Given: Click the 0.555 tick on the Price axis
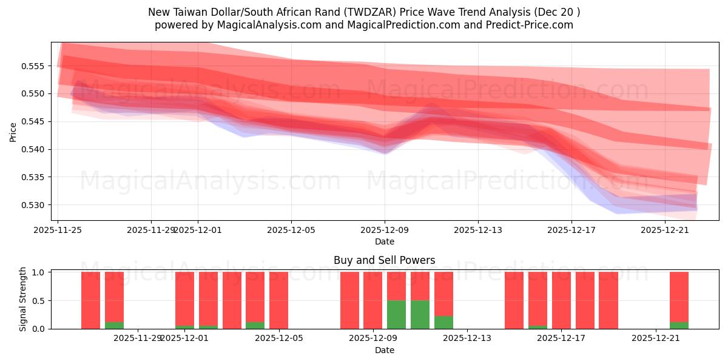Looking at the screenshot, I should [35, 66].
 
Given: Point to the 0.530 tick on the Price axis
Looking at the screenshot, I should [35, 205].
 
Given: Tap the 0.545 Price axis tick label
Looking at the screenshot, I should [35, 121].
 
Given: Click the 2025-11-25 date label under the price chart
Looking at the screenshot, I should [58, 230].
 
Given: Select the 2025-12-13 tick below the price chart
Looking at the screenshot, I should [478, 230].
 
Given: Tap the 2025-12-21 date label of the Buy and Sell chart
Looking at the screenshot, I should [656, 339].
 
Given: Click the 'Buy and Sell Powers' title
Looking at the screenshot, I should [384, 260].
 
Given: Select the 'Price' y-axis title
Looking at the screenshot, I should [13, 131].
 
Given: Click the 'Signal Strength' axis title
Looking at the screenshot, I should [23, 299].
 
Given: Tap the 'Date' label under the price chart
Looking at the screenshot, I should [384, 241].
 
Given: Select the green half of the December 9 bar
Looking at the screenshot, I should [396, 314].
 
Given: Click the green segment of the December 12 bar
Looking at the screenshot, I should [443, 322].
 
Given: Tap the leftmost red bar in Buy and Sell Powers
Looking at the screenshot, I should [90, 300].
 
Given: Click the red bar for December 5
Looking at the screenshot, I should [278, 300].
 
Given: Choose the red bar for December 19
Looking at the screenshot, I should [608, 300].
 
